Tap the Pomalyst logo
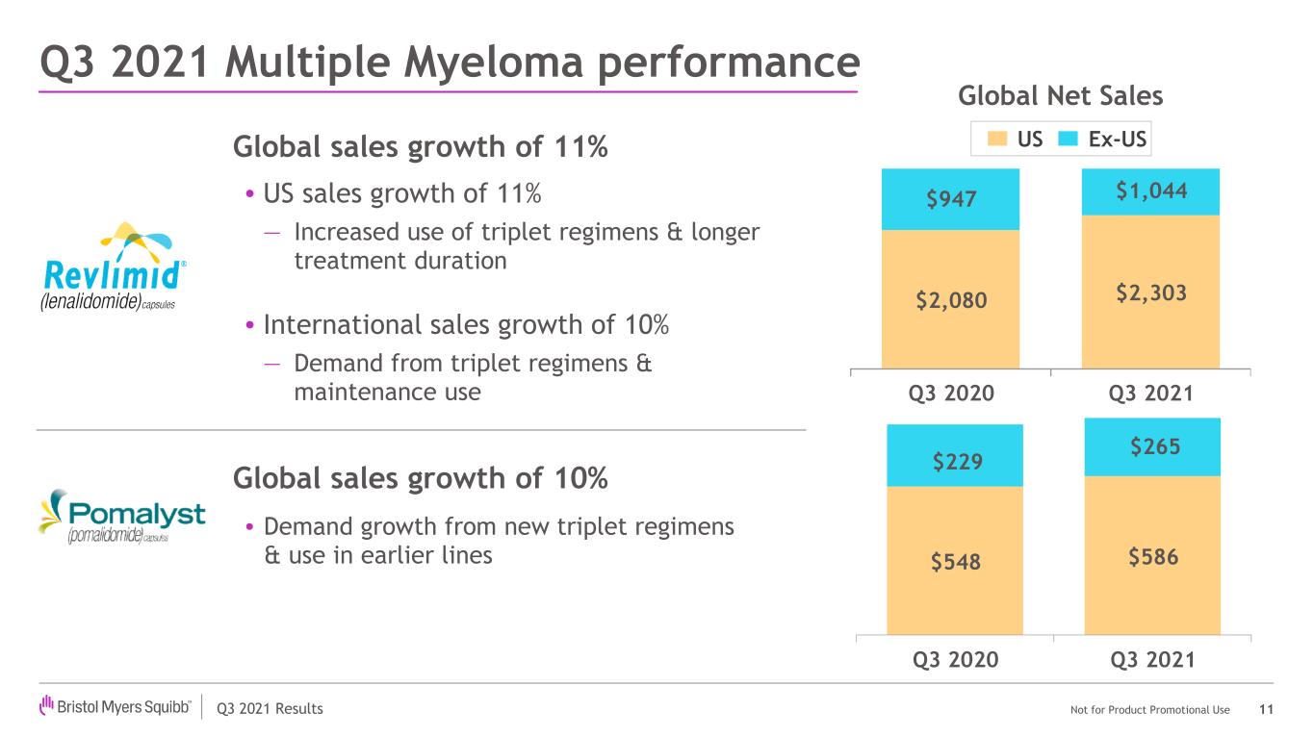point(121,519)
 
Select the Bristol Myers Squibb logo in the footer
point(115,707)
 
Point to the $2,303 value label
point(1151,292)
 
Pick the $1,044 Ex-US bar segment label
point(1151,191)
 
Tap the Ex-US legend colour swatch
point(1068,140)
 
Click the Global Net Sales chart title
point(1060,96)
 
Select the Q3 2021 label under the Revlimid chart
point(1151,393)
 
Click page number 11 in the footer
point(1266,710)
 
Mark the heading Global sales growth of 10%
point(421,477)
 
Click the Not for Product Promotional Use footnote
point(1149,710)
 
